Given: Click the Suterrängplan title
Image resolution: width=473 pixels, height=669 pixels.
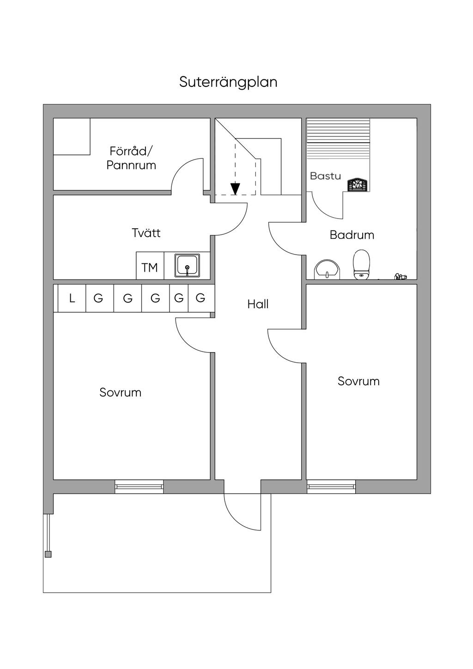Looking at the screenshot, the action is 228,82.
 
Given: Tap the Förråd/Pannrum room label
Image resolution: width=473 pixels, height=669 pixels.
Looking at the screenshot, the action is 131,158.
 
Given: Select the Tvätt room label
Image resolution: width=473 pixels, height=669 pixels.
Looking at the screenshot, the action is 146,233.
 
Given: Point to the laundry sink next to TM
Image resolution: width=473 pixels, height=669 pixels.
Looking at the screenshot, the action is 187,266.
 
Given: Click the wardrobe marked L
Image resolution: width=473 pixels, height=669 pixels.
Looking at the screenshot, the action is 72,298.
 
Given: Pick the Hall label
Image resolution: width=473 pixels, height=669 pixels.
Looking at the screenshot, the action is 258,304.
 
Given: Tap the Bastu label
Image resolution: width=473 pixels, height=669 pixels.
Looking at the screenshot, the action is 326,176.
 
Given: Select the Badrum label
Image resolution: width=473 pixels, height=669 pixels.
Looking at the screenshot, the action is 352,235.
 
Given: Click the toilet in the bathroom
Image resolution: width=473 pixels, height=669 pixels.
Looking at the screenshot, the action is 362,265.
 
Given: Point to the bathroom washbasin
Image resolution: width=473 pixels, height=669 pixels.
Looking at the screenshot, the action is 327,269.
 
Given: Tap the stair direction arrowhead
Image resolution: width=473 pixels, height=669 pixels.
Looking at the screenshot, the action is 236,189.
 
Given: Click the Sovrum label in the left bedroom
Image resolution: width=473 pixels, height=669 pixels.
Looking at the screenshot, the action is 120,393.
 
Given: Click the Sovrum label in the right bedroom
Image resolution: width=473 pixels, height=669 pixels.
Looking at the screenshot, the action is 358,381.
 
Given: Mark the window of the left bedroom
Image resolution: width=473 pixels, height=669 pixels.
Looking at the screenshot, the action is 139,486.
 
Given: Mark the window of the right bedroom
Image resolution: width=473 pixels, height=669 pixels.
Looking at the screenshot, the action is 331,486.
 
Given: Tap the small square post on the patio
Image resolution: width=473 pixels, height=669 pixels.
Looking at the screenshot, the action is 48,554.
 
